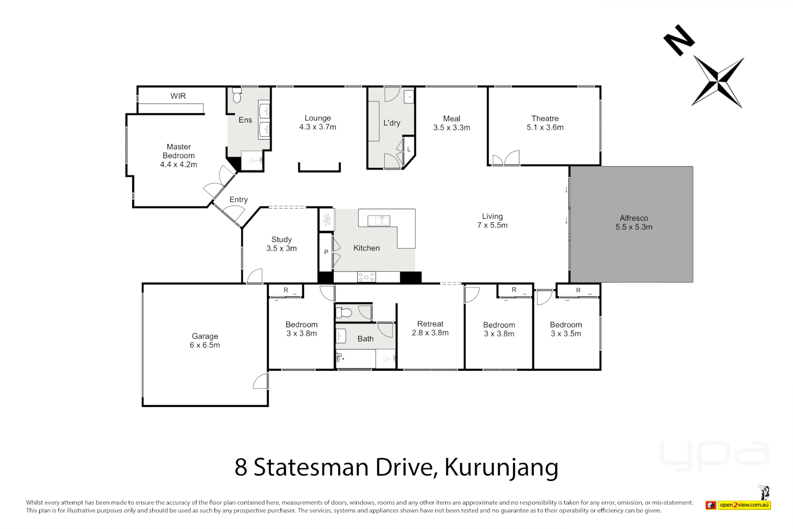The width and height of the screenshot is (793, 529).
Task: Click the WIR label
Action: (178, 96)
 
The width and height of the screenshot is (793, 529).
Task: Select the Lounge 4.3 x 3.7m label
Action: (318, 122)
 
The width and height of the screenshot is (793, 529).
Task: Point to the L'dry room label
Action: (392, 123)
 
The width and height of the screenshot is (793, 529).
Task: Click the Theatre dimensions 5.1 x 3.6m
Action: (545, 127)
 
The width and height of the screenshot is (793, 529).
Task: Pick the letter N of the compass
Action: (679, 40)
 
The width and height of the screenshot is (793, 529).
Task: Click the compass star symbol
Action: (718, 82)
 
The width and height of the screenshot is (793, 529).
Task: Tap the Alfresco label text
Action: (633, 218)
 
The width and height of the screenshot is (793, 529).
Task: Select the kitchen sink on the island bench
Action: (378, 220)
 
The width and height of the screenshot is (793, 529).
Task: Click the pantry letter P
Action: (326, 252)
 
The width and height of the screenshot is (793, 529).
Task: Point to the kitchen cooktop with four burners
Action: (366, 277)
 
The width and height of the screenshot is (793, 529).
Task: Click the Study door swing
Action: (255, 277)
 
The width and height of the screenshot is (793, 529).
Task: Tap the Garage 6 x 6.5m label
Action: (205, 340)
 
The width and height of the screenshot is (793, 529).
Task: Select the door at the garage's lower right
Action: (261, 382)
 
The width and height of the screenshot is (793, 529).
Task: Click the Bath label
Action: (365, 338)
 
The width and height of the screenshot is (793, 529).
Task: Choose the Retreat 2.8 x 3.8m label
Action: (430, 328)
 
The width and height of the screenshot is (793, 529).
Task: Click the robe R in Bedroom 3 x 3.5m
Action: (578, 290)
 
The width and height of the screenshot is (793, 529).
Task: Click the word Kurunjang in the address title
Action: (501, 467)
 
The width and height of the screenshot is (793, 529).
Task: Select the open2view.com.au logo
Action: (744, 505)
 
